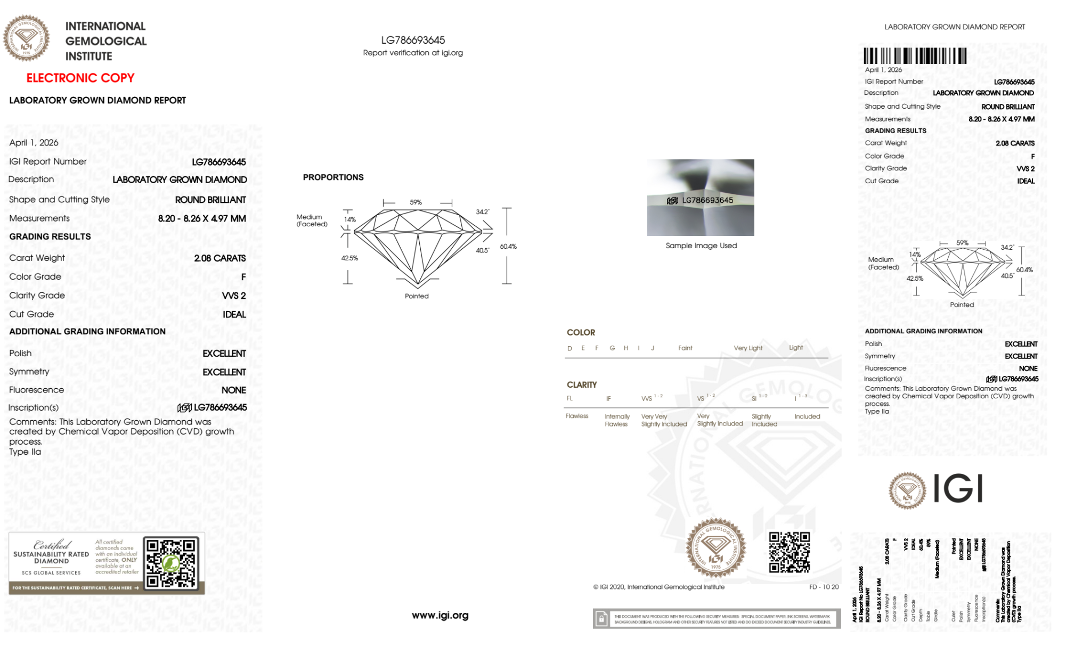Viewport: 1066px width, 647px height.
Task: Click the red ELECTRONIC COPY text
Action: click(80, 78)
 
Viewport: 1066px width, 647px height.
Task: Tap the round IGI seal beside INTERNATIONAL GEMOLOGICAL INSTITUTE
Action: click(26, 38)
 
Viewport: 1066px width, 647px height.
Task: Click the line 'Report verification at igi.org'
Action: click(413, 53)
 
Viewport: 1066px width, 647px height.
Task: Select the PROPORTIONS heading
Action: click(333, 177)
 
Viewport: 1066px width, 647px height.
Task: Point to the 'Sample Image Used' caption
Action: click(701, 245)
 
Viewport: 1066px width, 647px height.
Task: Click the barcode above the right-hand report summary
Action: click(915, 56)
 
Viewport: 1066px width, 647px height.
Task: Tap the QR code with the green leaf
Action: click(171, 563)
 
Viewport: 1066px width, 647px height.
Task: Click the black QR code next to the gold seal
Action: click(790, 552)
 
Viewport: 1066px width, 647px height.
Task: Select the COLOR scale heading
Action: click(581, 332)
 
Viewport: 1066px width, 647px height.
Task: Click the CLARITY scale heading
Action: click(582, 384)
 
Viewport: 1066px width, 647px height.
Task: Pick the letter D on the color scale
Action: click(569, 348)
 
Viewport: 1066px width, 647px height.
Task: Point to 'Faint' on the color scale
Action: click(685, 348)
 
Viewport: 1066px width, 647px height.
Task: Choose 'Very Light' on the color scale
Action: click(748, 348)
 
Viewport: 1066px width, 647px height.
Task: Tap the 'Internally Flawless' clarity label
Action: click(617, 420)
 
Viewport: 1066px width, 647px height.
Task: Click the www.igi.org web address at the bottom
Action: click(440, 615)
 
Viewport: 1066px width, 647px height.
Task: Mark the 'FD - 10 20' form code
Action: click(824, 587)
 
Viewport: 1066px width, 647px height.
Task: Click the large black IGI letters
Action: click(958, 488)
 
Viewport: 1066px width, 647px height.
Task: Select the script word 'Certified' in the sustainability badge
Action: click(52, 544)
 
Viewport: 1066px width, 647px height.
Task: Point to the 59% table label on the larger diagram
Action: click(416, 202)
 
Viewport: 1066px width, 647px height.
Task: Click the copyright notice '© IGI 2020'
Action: click(658, 587)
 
